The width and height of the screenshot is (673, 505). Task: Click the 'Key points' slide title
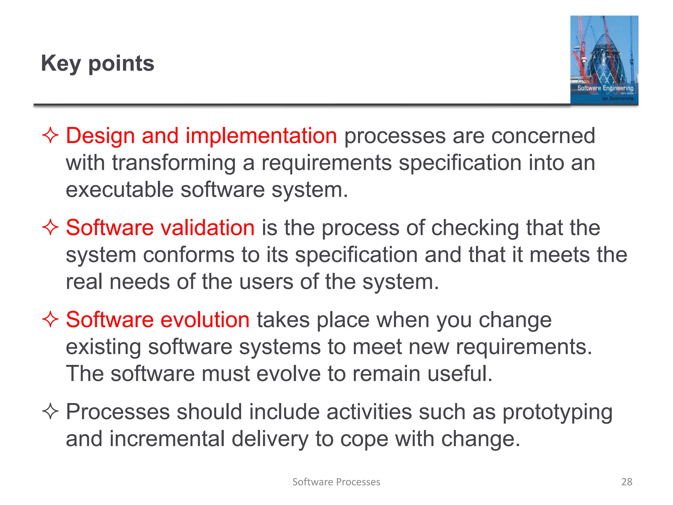98,63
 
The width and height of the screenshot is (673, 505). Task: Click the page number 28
627,482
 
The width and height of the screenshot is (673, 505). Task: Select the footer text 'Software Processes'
336,482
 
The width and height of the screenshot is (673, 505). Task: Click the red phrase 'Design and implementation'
201,136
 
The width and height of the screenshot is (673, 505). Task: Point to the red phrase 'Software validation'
160,228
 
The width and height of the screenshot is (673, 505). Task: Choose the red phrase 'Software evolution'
158,320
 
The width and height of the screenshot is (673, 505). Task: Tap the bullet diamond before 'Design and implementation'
50,135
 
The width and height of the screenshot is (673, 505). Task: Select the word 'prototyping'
557,412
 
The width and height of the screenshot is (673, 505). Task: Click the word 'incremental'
167,439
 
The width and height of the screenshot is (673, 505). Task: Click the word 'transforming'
174,163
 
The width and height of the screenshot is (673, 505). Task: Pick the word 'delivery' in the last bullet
270,439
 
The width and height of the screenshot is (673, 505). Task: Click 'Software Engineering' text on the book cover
605,88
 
